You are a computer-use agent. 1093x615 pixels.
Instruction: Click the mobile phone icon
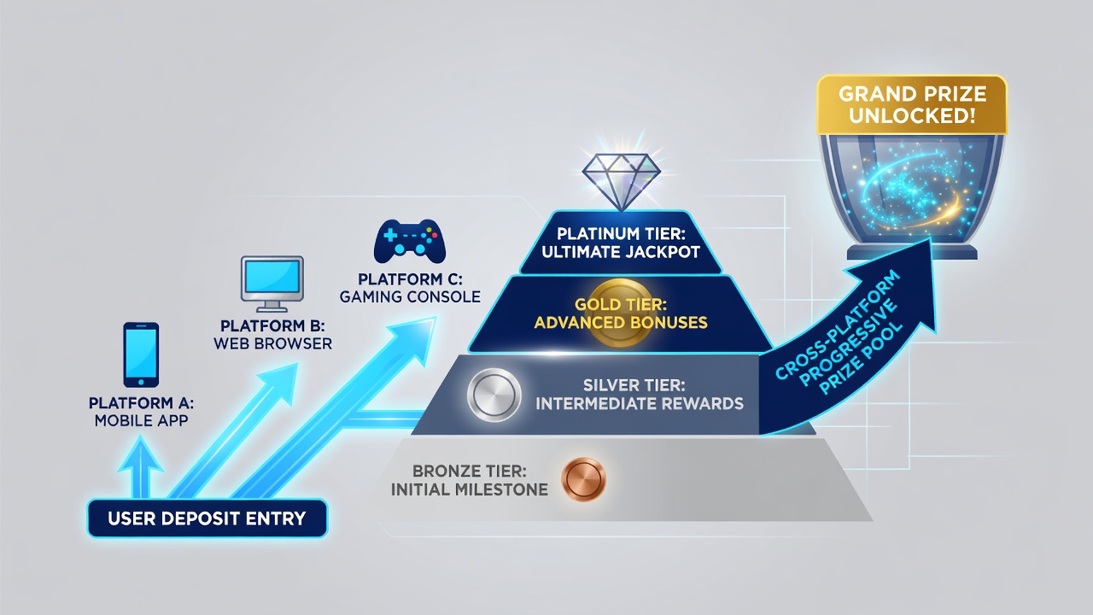click(141, 354)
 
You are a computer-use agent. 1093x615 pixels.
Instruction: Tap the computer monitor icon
click(272, 284)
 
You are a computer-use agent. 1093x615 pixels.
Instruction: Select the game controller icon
click(410, 241)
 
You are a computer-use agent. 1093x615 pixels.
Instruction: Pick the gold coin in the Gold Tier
click(621, 313)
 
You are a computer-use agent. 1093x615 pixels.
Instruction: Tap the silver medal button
click(494, 395)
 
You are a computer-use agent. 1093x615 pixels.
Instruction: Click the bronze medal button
click(583, 479)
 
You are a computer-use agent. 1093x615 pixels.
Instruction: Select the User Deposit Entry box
click(207, 518)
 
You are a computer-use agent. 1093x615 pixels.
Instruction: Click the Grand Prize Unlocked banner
click(912, 105)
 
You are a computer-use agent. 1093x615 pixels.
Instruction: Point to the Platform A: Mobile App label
click(141, 412)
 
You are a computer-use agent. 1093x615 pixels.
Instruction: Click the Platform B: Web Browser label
click(272, 334)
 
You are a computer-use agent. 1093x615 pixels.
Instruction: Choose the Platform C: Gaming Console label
click(410, 288)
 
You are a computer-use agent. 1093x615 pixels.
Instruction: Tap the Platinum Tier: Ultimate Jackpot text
click(621, 243)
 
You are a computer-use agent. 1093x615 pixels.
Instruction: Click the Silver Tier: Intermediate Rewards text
click(640, 395)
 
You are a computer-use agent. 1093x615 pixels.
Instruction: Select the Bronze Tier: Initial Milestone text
click(470, 480)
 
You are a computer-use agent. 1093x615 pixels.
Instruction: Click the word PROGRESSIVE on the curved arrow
click(849, 342)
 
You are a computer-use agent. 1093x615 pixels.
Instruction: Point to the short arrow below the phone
click(141, 467)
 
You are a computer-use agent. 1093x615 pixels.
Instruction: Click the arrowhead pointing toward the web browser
click(279, 384)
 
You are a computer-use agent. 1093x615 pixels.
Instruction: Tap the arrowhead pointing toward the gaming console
click(414, 339)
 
